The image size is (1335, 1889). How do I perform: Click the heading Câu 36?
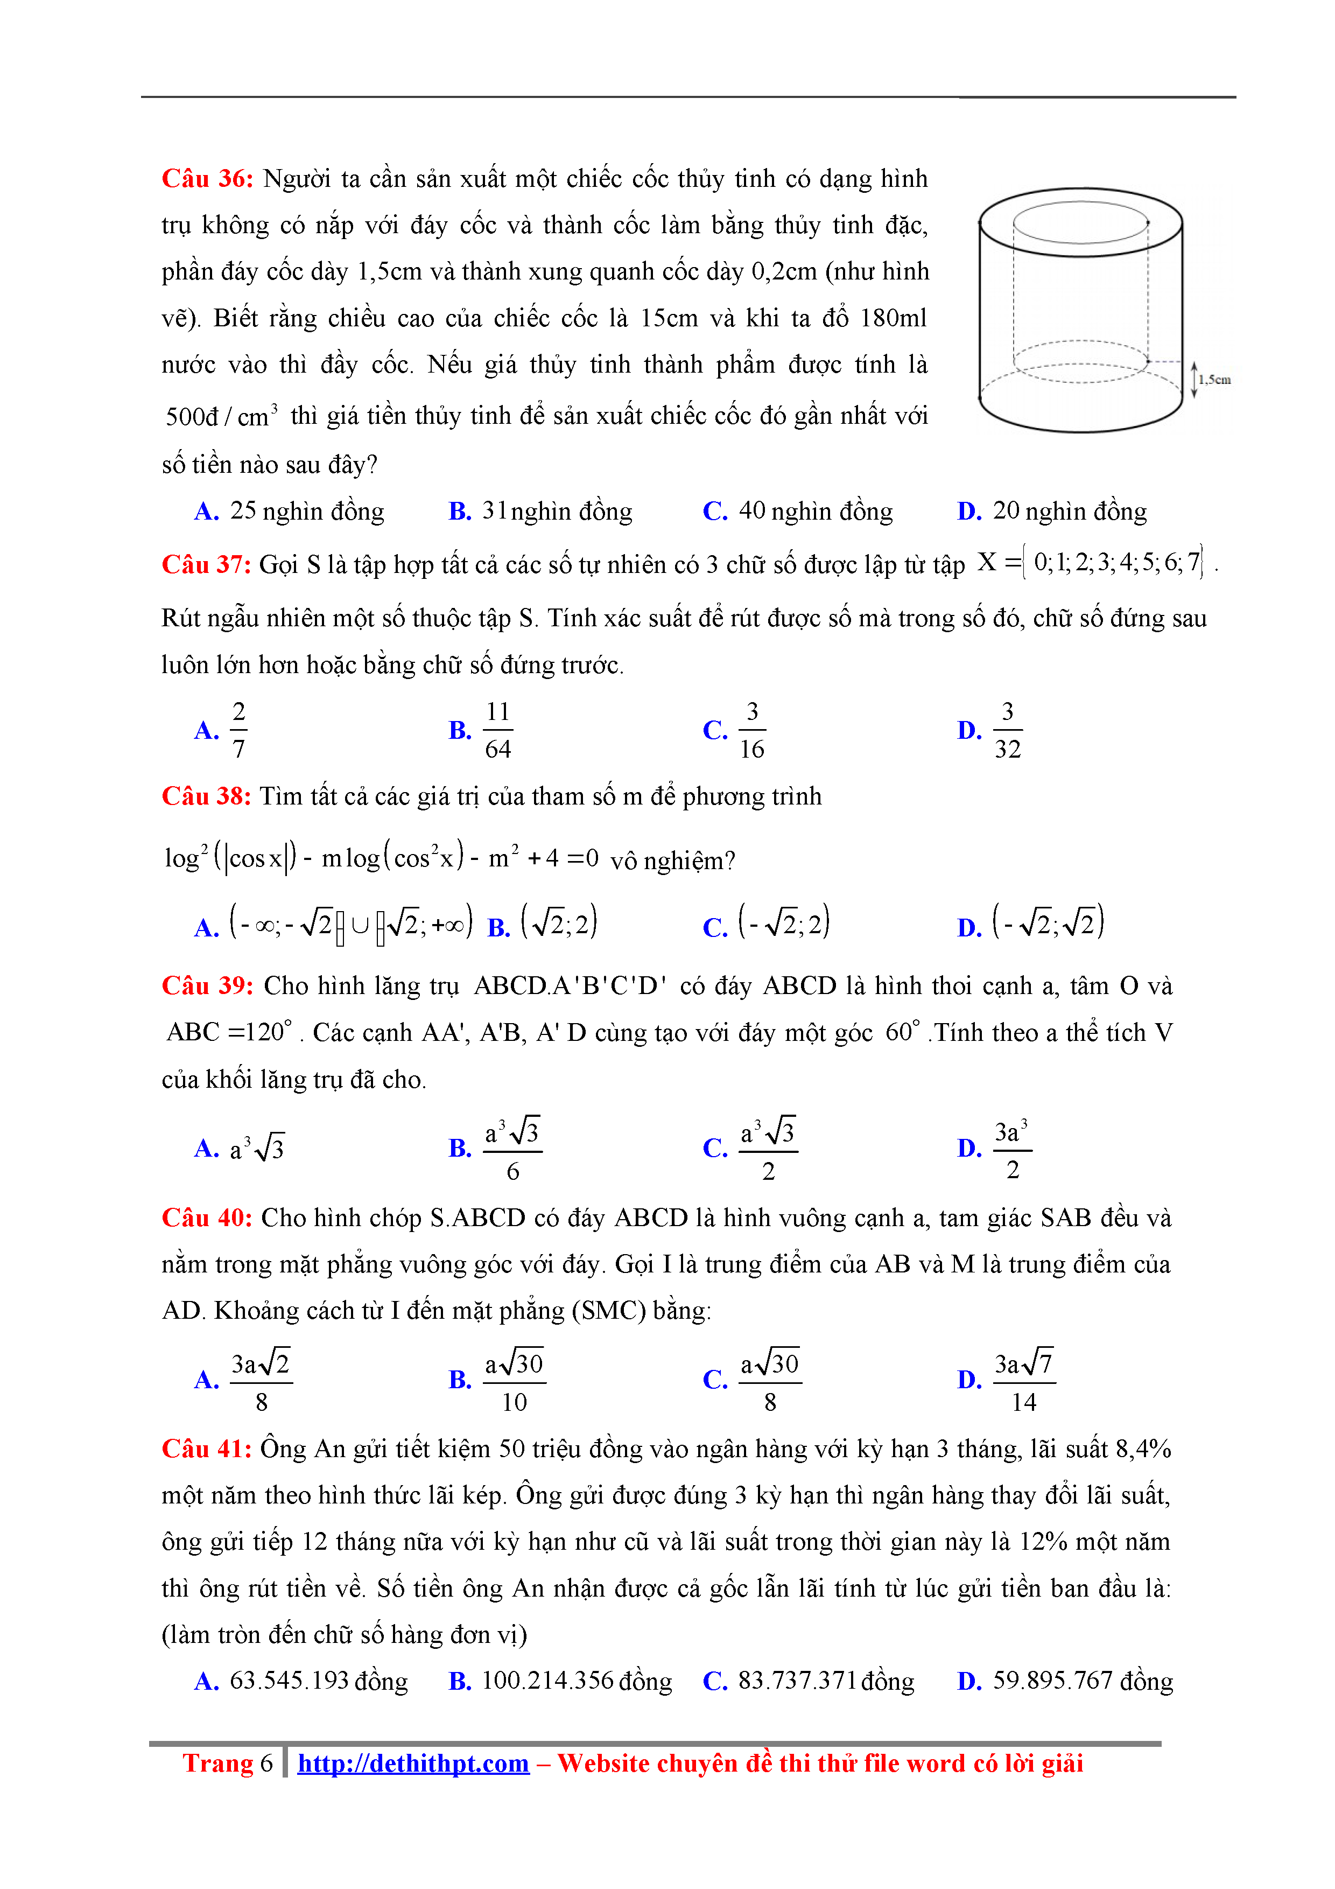pyautogui.click(x=207, y=179)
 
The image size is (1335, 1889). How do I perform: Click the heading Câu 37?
pyautogui.click(x=206, y=564)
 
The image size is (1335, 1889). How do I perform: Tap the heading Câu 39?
pyautogui.click(x=207, y=985)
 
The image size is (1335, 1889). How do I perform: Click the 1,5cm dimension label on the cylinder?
pyautogui.click(x=1214, y=379)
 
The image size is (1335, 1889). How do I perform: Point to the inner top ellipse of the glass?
pyautogui.click(x=1080, y=222)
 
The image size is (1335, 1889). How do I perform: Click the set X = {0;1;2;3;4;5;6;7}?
pyautogui.click(x=1091, y=563)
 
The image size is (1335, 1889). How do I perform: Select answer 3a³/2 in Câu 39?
pyautogui.click(x=1011, y=1149)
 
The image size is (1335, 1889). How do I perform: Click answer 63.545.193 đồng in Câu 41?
pyautogui.click(x=318, y=1680)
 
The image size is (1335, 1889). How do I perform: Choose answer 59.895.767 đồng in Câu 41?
pyautogui.click(x=1083, y=1680)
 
